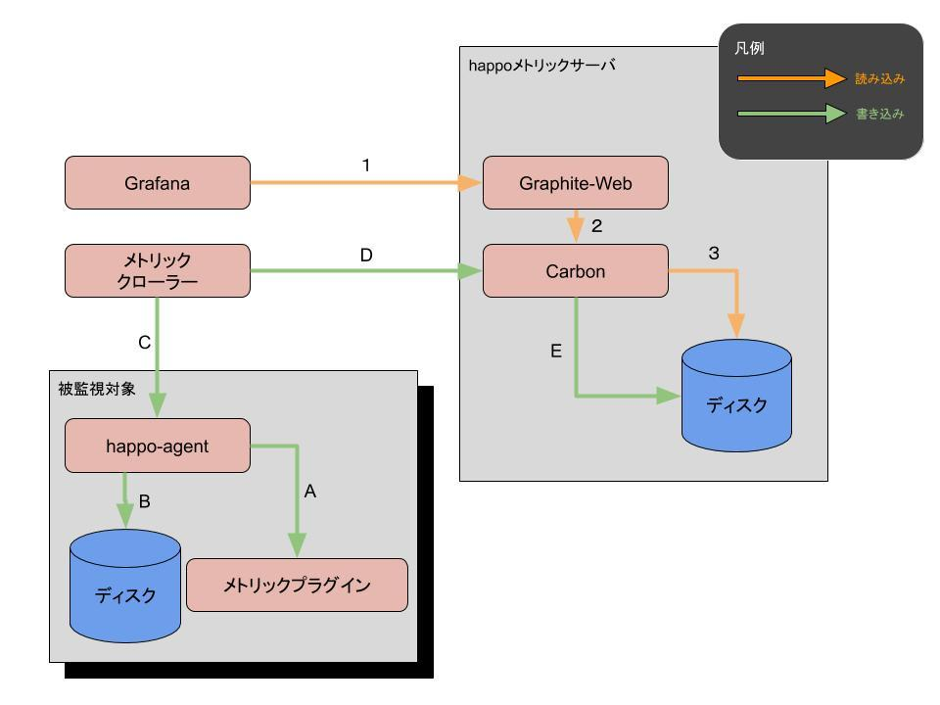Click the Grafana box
click(x=157, y=182)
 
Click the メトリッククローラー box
click(x=157, y=270)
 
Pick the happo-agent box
click(x=157, y=445)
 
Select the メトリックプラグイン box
click(x=297, y=585)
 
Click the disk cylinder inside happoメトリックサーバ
click(x=736, y=397)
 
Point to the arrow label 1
click(x=366, y=165)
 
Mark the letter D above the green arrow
click(x=366, y=256)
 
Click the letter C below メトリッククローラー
click(x=144, y=342)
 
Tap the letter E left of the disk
click(x=556, y=352)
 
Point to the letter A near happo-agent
click(x=310, y=493)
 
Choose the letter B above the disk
click(x=144, y=502)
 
